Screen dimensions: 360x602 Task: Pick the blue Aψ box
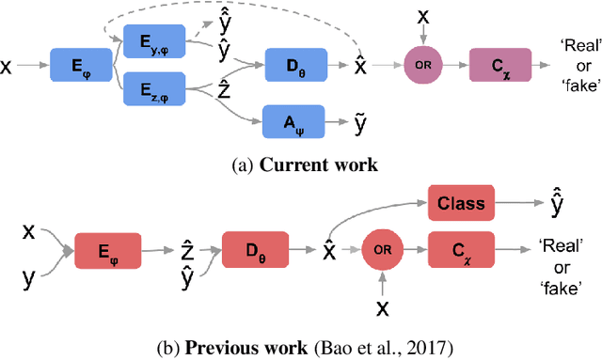294,120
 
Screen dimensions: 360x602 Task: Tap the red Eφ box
107,251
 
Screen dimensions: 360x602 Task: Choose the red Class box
461,201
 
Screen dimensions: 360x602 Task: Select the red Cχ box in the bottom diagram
461,251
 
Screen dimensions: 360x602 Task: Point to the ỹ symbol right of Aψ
358,120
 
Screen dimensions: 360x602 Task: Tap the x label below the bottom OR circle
381,307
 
